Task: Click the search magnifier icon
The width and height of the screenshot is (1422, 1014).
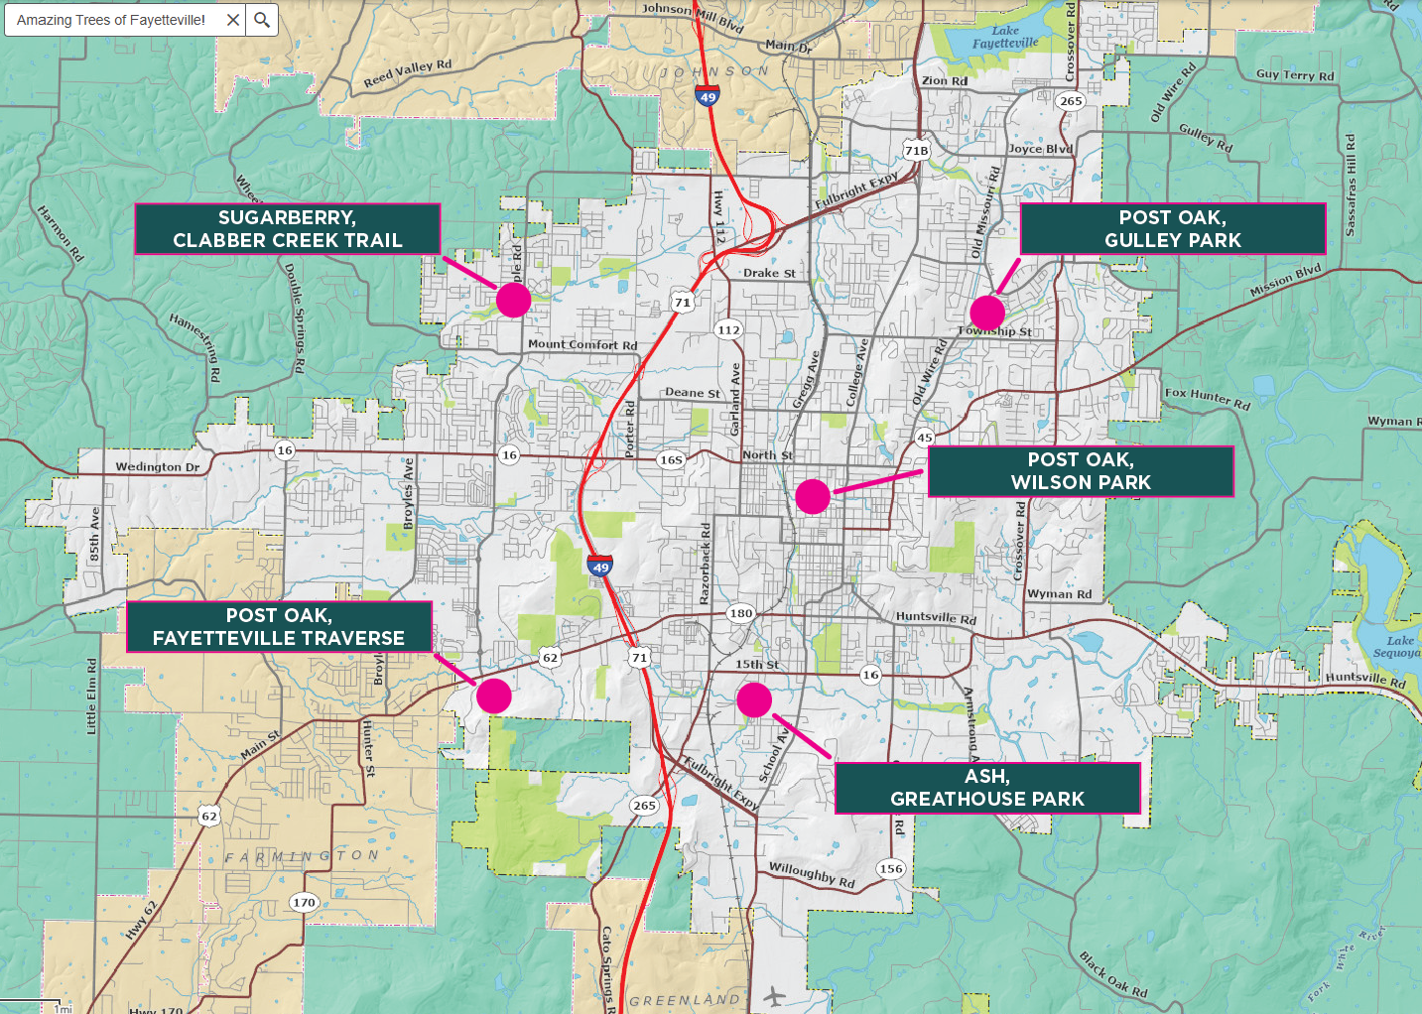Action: (x=262, y=20)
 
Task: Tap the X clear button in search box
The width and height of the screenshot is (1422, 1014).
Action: (x=233, y=20)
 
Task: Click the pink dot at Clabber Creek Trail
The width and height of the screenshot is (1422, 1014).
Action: (x=513, y=300)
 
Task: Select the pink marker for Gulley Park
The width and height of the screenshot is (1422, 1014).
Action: (x=987, y=312)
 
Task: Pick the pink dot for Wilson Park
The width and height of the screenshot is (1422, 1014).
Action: (x=813, y=496)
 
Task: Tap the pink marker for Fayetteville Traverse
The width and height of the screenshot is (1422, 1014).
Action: (x=493, y=697)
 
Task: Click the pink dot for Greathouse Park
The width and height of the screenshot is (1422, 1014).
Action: (x=754, y=700)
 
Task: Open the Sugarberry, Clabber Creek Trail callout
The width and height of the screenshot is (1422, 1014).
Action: (x=288, y=229)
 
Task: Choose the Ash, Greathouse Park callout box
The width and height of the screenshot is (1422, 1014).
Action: (x=987, y=788)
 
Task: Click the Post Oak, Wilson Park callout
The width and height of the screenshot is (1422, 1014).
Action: (x=1081, y=471)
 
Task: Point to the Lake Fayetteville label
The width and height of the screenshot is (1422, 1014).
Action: (x=1004, y=37)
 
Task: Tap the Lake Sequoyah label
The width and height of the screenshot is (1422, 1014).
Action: (x=1400, y=646)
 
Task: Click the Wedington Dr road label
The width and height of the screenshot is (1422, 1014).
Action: (x=157, y=466)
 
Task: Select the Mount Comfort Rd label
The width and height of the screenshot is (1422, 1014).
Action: (x=582, y=344)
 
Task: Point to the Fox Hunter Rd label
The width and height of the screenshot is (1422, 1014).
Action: (x=1207, y=398)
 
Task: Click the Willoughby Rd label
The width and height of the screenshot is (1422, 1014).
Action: (x=811, y=874)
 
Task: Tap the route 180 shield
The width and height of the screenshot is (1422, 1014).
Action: (x=740, y=613)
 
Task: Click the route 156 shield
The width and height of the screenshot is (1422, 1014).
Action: (x=890, y=868)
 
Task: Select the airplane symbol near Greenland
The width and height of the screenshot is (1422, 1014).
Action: (x=775, y=995)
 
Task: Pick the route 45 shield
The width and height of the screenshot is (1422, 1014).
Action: (x=924, y=438)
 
